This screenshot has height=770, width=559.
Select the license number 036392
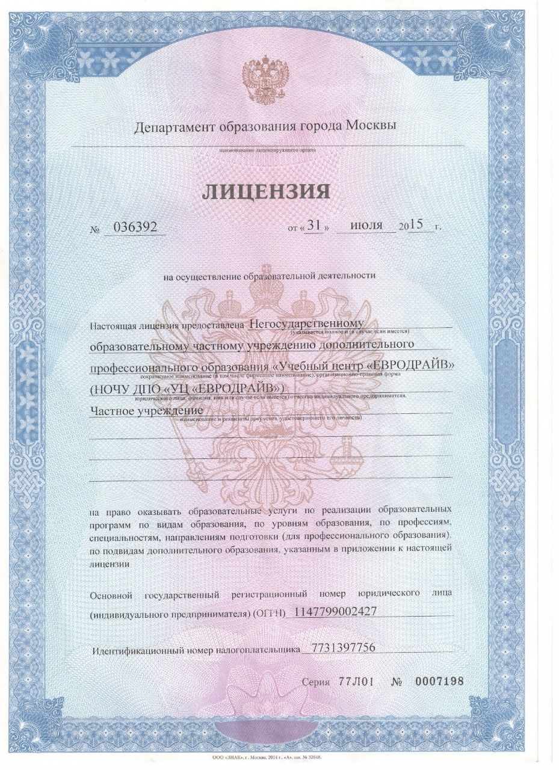(134, 227)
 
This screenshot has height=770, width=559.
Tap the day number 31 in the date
(314, 226)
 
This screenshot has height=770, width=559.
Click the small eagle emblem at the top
(265, 78)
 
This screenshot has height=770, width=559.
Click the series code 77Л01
(356, 682)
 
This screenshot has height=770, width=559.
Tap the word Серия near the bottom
(316, 682)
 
